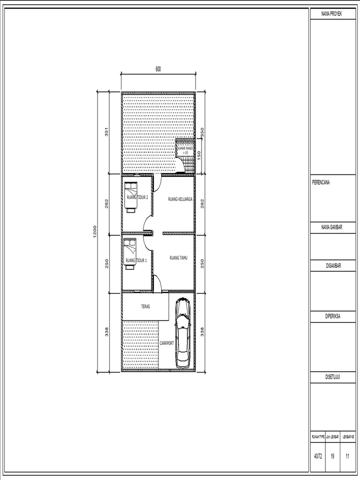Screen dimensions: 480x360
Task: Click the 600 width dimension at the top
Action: [x=158, y=69]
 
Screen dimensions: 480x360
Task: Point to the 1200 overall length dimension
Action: [x=95, y=231]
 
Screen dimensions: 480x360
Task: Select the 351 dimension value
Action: [x=107, y=133]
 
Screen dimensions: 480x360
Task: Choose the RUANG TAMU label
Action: [x=178, y=257]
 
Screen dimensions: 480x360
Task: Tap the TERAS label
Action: [x=145, y=307]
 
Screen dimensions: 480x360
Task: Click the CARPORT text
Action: [x=167, y=343]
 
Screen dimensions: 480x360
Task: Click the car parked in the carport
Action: [x=183, y=334]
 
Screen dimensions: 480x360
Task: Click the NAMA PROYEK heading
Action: [x=331, y=15]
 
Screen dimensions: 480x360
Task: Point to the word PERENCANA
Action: [x=321, y=183]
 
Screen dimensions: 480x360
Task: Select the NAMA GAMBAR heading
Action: [x=331, y=227]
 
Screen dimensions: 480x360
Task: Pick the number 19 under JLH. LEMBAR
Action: [x=332, y=456]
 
